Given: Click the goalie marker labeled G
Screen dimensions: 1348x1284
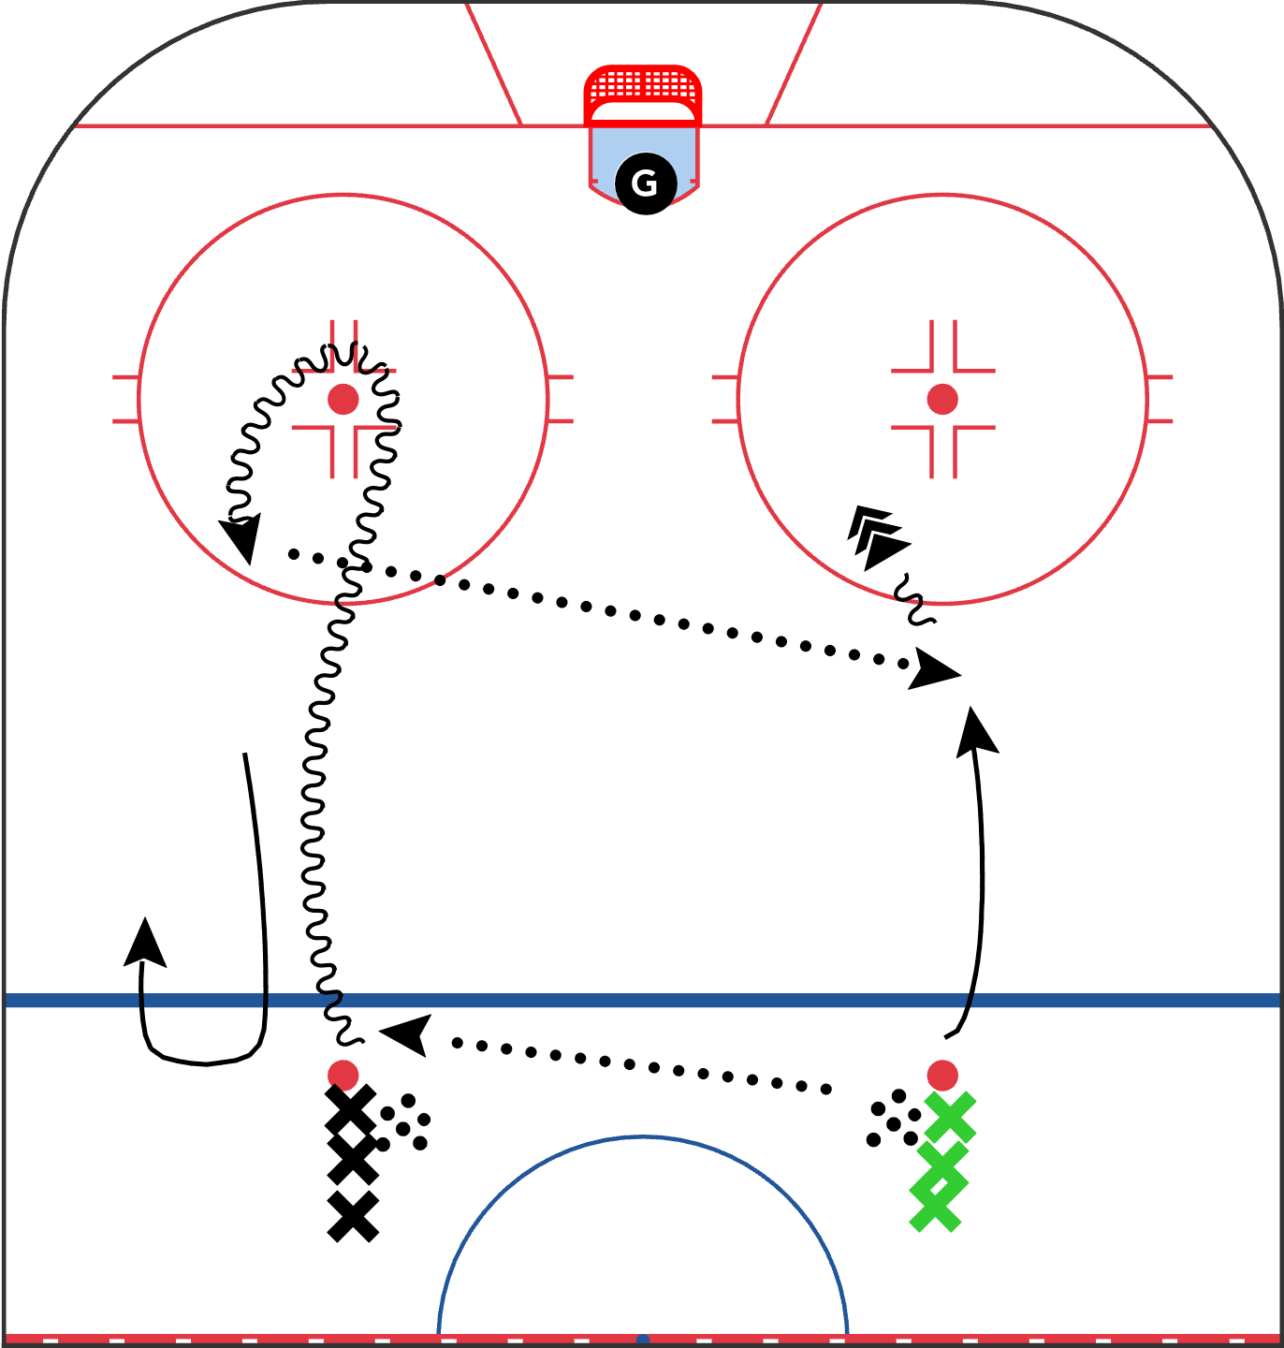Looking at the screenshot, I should point(645,183).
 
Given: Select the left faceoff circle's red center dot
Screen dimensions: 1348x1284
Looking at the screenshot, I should point(343,399).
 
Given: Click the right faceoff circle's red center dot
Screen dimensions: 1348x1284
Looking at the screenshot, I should point(942,399).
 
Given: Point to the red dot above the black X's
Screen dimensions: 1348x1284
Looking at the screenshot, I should point(343,1075).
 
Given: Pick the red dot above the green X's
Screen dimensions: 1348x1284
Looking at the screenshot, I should point(942,1076).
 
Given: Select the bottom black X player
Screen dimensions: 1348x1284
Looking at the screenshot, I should point(353,1216).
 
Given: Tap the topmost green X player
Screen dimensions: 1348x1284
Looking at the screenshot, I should point(950,1117).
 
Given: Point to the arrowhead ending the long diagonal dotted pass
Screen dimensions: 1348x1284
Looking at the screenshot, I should point(934,670).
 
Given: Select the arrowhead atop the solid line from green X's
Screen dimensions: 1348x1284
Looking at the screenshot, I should point(977,730).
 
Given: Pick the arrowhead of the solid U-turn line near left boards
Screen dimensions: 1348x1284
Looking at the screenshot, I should point(145,942).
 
